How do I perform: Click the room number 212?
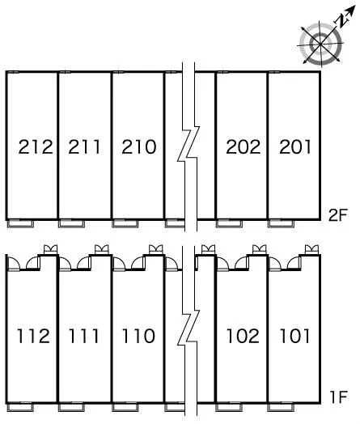36,146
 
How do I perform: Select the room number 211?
84,146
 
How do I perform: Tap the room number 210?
138,146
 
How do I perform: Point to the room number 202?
243,146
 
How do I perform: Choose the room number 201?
294,146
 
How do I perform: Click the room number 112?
33,336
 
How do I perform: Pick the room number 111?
83,336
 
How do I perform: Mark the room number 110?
138,336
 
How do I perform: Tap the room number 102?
243,336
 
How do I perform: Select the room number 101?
294,336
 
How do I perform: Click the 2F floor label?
337,215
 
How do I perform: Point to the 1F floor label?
338,397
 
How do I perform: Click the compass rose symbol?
320,44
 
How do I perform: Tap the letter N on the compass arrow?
342,21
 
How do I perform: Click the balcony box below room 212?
20,224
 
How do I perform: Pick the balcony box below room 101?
281,407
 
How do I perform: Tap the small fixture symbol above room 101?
311,249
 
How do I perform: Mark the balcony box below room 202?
229,224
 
